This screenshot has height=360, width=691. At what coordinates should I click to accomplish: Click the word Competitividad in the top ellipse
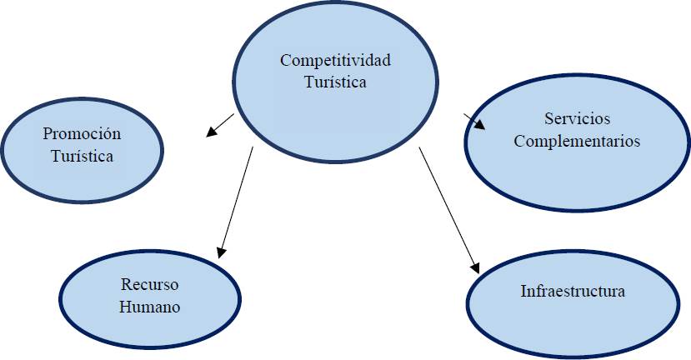tap(335, 61)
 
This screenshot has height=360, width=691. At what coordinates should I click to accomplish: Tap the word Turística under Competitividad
tap(335, 82)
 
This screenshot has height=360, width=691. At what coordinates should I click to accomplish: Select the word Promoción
tap(82, 133)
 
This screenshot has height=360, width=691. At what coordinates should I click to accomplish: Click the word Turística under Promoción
tap(82, 156)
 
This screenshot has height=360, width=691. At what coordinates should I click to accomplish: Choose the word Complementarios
tap(577, 141)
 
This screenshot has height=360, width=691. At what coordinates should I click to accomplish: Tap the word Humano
tap(150, 307)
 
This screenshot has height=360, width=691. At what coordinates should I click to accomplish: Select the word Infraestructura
tap(573, 292)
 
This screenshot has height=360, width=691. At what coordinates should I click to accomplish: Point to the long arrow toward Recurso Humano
tap(236, 200)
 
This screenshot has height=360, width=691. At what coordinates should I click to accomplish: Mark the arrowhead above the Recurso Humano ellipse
tap(221, 250)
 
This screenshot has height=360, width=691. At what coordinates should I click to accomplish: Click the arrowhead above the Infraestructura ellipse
tap(476, 267)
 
